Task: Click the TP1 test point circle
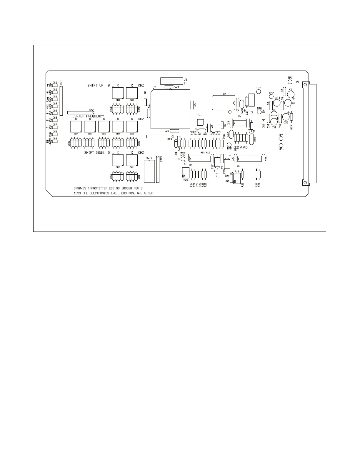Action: point(290,82)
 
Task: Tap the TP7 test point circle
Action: point(259,91)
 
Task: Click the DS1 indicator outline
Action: point(55,85)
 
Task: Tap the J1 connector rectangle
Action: point(171,80)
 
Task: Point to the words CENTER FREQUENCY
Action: point(88,116)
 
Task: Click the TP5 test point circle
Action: point(281,146)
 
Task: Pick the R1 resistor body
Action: point(145,102)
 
